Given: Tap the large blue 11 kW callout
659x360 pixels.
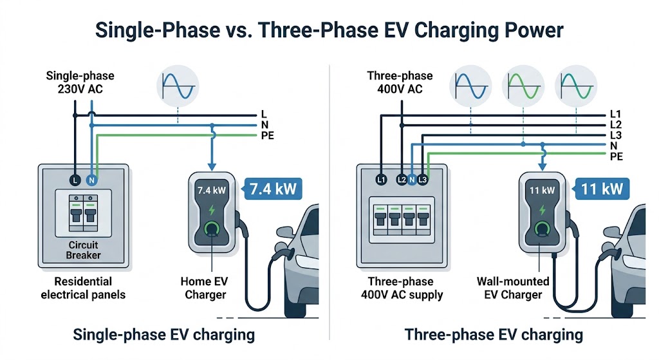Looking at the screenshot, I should tap(601, 189).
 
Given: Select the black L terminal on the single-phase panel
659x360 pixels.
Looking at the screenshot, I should tap(75, 181).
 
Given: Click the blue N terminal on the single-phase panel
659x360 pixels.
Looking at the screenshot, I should tap(91, 181).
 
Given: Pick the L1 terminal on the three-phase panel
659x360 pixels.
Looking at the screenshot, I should tap(381, 181).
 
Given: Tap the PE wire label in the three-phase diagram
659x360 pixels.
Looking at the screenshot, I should tap(615, 156).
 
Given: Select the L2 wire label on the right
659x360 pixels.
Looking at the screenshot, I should tap(615, 124).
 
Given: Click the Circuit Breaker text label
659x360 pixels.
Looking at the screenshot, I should tap(84, 251).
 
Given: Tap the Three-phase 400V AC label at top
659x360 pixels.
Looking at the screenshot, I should tap(400, 82).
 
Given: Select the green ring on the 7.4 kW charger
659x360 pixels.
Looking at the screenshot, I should tap(210, 228).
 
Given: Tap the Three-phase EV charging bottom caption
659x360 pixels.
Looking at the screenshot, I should tap(494, 335).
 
